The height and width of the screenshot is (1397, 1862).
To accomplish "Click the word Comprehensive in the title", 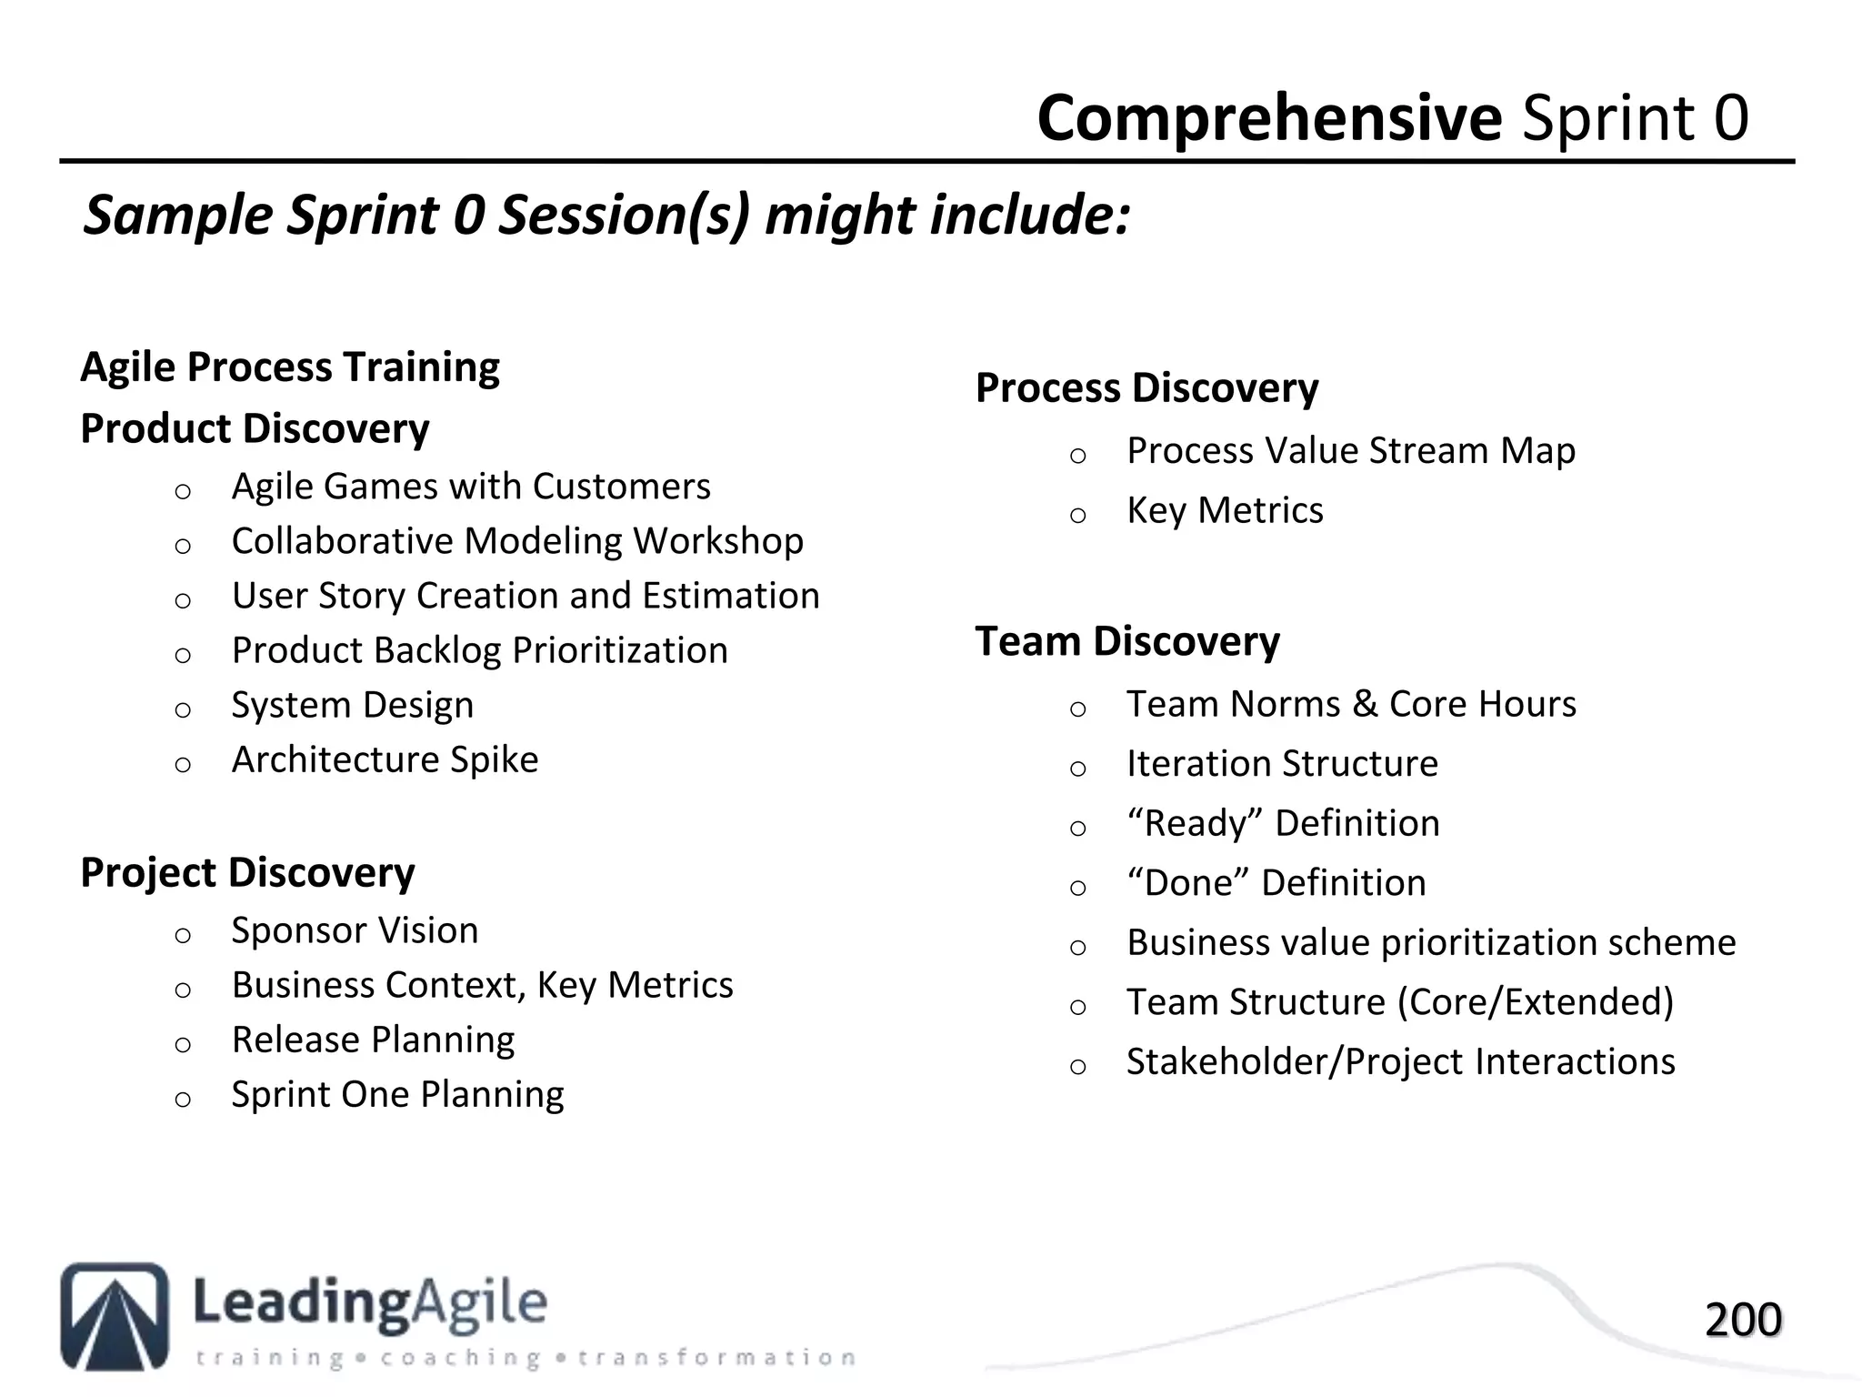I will click(1269, 119).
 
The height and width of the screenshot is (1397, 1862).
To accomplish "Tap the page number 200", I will click(1742, 1320).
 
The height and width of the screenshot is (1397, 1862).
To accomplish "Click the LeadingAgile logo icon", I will click(115, 1315).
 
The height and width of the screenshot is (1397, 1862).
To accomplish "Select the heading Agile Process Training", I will click(290, 367).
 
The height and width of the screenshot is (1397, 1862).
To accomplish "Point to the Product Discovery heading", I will click(255, 428).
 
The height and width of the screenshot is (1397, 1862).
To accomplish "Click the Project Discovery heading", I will click(247, 872).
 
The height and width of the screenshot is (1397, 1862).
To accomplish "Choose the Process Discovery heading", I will click(1146, 388).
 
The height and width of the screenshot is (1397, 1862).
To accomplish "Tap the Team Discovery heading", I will click(1127, 641).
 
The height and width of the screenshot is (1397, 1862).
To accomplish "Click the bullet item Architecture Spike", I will click(385, 759).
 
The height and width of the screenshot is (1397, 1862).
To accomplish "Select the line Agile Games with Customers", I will click(471, 487).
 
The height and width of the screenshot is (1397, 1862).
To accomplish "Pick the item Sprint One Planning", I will click(397, 1094).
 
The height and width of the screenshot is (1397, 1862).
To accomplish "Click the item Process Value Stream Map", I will click(1350, 451).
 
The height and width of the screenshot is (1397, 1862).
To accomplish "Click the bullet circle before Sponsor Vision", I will click(183, 935).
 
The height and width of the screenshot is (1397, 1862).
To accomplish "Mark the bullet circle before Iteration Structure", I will click(1078, 769).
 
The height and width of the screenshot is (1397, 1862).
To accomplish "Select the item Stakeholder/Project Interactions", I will click(1400, 1061).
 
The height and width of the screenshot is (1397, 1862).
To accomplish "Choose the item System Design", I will click(352, 705).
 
